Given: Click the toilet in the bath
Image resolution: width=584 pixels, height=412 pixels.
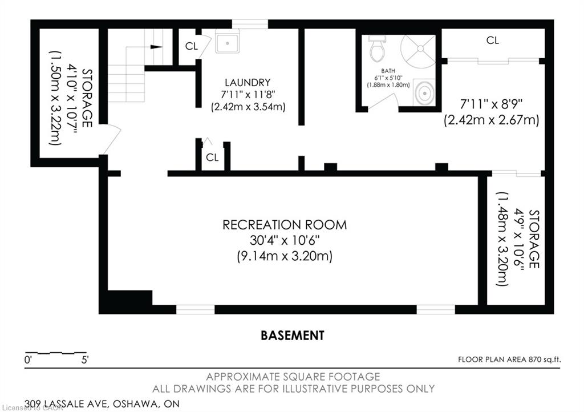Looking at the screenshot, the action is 378,49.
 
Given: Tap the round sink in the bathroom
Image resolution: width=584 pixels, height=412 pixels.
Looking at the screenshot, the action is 424,92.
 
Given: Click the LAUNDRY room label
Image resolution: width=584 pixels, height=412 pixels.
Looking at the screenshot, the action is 248,82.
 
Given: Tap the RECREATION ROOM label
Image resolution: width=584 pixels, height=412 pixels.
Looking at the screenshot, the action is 285,225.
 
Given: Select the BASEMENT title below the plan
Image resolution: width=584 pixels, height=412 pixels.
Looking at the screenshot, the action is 293,336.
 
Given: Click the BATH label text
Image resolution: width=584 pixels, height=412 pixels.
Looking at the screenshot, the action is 388,71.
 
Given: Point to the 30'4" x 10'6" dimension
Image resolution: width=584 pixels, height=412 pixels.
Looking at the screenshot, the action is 285,240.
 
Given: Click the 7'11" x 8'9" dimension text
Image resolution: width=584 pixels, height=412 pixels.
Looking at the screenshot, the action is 491,103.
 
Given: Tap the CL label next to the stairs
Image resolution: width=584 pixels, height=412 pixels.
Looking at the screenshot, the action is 192,46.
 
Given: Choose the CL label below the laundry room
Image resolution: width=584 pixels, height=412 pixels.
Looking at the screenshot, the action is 212,157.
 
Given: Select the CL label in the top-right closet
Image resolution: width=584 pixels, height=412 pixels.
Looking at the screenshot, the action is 492,40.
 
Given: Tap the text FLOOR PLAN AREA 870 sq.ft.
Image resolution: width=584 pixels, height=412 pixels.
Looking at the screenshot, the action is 509,360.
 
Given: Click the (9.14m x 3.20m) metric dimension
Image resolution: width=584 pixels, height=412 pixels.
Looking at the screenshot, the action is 285,256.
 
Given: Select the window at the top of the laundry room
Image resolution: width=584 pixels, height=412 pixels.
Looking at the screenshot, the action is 250,24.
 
